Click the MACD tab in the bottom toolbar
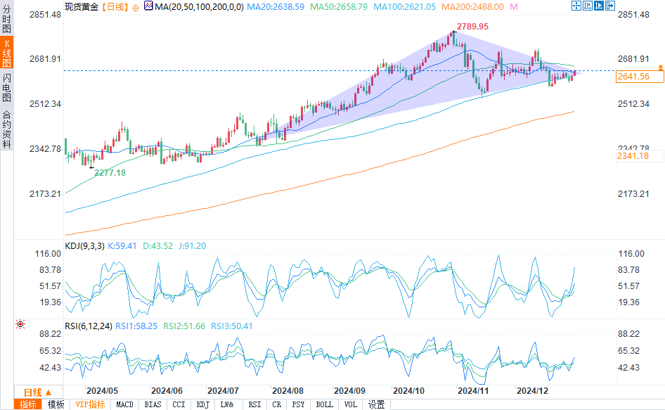click(124, 404)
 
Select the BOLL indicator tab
click(324, 404)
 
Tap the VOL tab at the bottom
click(351, 404)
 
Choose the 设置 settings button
click(377, 404)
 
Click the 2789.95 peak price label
click(472, 27)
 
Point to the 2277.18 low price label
click(110, 172)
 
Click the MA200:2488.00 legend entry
click(478, 6)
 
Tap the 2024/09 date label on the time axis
click(349, 390)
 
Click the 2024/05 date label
click(102, 390)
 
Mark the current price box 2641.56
click(633, 77)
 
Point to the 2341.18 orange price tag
click(633, 155)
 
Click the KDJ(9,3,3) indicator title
click(84, 246)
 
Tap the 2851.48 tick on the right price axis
click(633, 15)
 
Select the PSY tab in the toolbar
click(298, 404)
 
